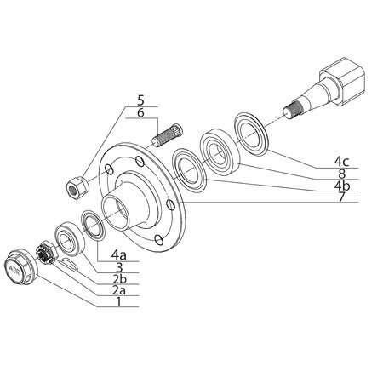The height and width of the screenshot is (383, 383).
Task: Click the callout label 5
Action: click(x=140, y=100)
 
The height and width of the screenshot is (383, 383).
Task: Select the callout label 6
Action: click(x=140, y=112)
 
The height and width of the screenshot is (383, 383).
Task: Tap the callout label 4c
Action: click(x=341, y=162)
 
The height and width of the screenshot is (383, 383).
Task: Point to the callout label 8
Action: click(x=341, y=174)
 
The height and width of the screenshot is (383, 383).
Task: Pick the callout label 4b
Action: click(x=342, y=186)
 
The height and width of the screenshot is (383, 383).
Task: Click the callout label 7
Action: click(x=341, y=197)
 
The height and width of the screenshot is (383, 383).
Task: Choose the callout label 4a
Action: click(x=119, y=255)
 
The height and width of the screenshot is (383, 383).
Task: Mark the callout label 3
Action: click(x=119, y=267)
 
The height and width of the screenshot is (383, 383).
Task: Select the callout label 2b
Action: click(x=119, y=279)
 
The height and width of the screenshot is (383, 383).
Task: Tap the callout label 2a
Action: click(x=119, y=290)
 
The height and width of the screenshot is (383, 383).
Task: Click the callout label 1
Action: click(x=119, y=301)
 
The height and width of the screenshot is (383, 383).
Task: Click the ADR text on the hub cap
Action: click(x=14, y=269)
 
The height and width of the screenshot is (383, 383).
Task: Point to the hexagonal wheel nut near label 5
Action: click(x=77, y=186)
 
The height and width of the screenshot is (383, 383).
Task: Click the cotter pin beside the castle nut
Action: click(x=69, y=264)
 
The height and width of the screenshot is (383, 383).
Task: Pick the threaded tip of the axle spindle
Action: click(x=293, y=111)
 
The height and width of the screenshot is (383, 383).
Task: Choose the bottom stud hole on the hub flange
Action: click(x=159, y=240)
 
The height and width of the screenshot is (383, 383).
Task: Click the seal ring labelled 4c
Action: click(x=251, y=134)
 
